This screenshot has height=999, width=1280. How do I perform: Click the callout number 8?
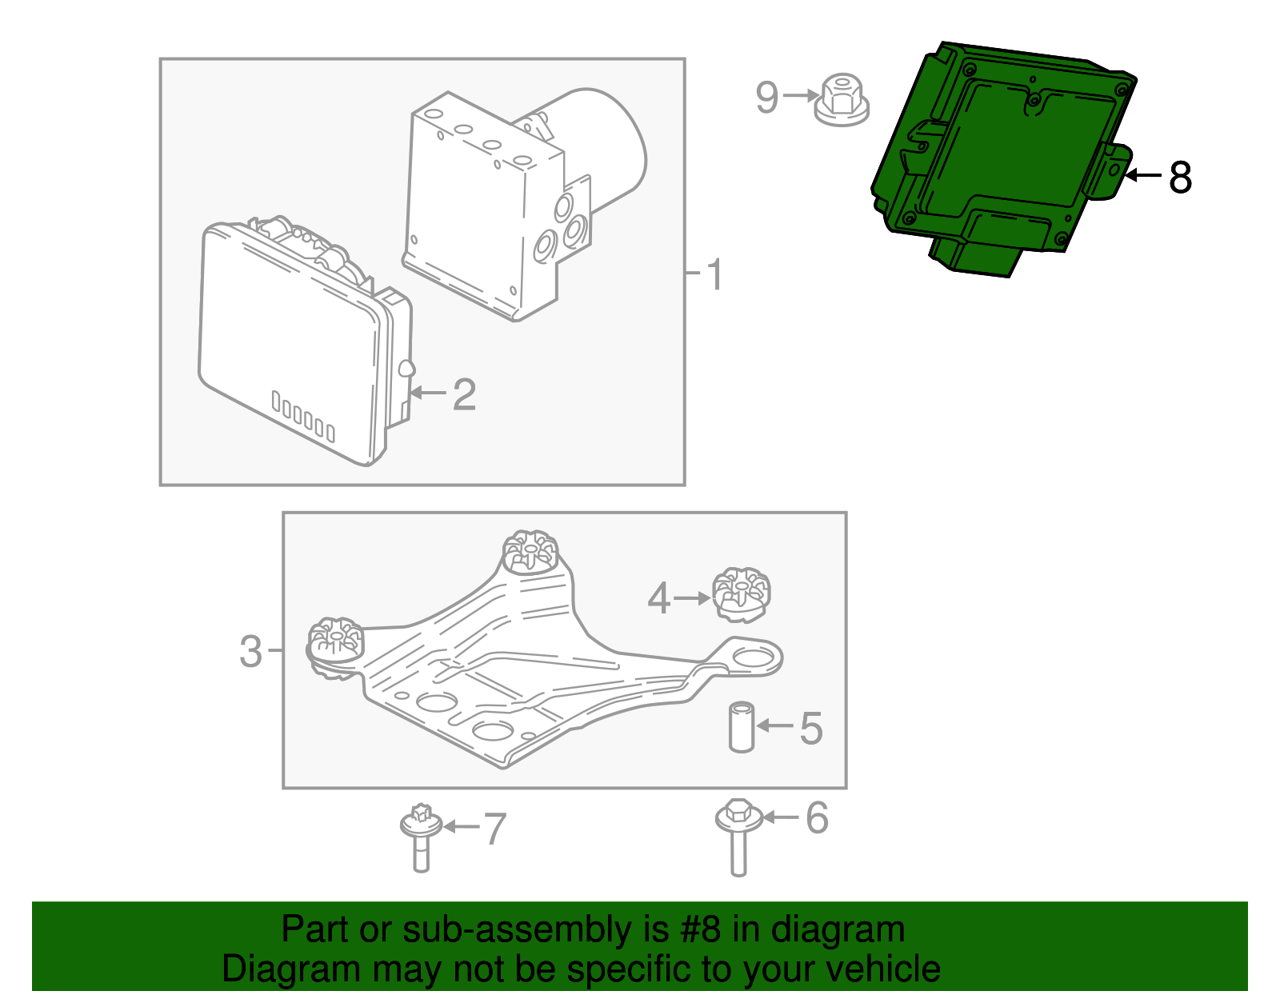point(1180,178)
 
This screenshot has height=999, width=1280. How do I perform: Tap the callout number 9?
point(767,97)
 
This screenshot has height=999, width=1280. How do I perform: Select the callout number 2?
point(464,394)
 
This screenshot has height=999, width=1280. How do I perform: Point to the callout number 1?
point(715,274)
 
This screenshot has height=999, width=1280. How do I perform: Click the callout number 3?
point(250,652)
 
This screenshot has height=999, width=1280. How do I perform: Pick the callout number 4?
point(658,599)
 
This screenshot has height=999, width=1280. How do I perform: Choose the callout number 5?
point(811,729)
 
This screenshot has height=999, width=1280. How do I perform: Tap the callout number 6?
point(817,817)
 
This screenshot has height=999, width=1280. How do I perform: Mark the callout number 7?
point(494,829)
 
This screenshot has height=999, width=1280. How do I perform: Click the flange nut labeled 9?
point(841,100)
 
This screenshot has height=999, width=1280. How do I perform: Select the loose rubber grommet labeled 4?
point(741,595)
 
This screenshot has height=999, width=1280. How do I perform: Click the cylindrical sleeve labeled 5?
point(742,727)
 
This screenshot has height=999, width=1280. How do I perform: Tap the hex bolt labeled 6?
point(738,837)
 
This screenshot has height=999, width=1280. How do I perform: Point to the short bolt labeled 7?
point(421,837)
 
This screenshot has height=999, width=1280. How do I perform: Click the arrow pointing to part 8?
point(1142,175)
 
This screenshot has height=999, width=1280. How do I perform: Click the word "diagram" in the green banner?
point(838,929)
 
